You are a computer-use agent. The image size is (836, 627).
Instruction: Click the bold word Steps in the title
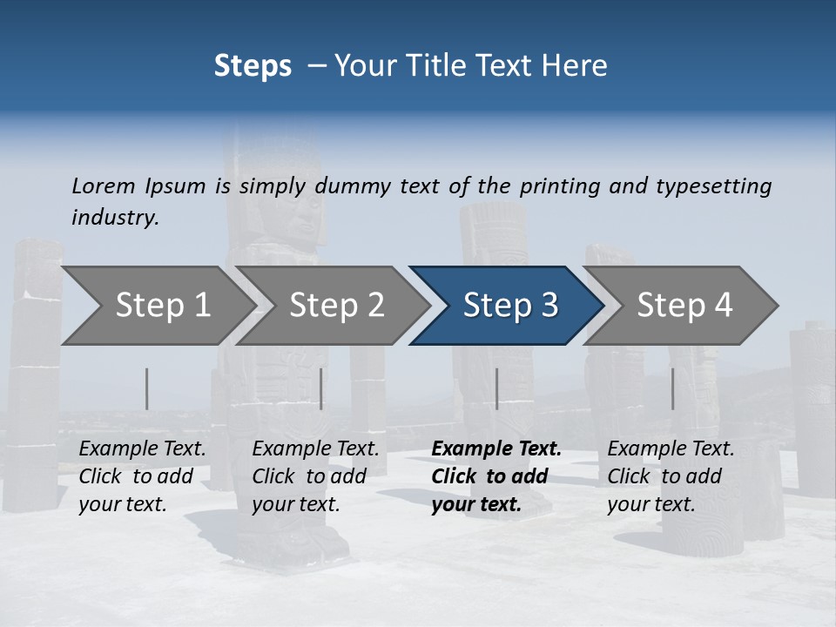click(253, 66)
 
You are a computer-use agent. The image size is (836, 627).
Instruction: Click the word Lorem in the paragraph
click(103, 185)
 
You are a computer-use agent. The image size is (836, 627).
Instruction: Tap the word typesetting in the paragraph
click(712, 185)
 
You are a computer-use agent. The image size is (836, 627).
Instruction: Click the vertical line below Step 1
click(147, 388)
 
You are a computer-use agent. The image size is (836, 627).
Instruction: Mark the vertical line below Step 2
click(321, 388)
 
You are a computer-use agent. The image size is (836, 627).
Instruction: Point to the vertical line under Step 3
click(496, 388)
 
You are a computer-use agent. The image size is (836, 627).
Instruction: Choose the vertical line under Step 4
click(672, 388)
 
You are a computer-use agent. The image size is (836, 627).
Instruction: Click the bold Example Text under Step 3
click(496, 448)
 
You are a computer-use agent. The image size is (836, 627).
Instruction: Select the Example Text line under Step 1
click(142, 448)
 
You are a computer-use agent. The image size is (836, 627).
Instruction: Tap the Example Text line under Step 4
click(671, 448)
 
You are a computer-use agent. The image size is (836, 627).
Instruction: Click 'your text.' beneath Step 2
click(295, 504)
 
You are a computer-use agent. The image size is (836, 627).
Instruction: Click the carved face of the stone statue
click(305, 218)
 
